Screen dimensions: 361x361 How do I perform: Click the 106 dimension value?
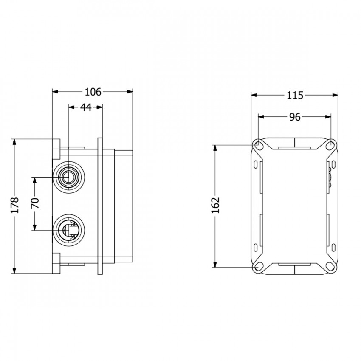coord(93,92)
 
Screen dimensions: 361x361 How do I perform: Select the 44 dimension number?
coord(86,107)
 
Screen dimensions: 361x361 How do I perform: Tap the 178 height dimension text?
coord(14,205)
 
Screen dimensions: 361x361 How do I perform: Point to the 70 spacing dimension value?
coord(35,203)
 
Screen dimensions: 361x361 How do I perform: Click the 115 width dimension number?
coord(295,95)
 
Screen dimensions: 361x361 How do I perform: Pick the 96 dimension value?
coord(295,117)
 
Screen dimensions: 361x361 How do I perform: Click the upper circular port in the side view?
coord(69,177)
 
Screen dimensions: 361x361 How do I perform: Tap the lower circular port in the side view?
coord(69,230)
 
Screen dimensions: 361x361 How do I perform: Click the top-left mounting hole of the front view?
coord(258,145)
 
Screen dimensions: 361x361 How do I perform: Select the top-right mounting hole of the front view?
coord(331,145)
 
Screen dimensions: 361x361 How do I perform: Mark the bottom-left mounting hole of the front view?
coord(258,267)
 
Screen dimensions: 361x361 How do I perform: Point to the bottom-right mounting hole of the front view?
coord(331,267)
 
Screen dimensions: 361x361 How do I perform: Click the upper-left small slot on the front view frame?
coord(256,165)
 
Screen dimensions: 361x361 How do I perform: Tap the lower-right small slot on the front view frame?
coord(333,248)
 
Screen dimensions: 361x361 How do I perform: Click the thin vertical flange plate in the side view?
coord(100,206)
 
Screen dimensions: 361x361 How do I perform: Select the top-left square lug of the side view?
coord(56,149)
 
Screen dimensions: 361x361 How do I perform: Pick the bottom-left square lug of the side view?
coord(56,263)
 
